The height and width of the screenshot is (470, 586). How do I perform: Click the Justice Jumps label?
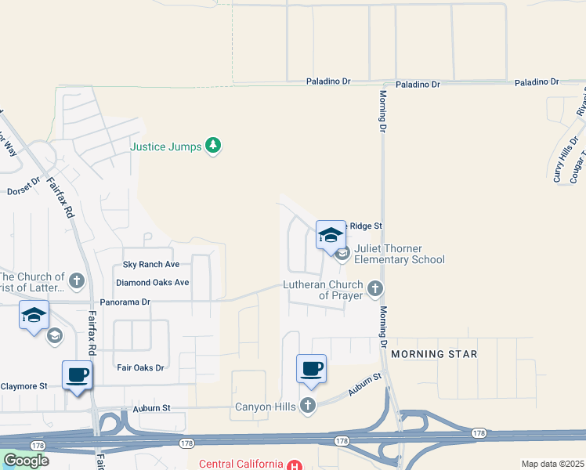(166, 146)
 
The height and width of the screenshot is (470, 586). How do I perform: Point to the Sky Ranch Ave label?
(151, 265)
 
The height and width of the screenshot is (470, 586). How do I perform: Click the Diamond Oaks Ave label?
(152, 282)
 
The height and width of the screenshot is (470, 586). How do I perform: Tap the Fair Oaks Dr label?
(140, 367)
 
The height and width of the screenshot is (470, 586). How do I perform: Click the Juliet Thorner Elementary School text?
(400, 255)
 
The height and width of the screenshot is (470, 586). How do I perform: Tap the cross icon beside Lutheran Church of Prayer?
(375, 289)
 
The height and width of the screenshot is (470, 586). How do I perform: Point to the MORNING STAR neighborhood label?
(434, 354)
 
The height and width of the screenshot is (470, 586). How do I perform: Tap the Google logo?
(26, 461)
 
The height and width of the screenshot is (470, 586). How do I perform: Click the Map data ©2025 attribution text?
(552, 464)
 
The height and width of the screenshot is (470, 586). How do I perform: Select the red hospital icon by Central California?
(294, 465)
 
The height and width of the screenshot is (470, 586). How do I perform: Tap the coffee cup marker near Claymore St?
(77, 375)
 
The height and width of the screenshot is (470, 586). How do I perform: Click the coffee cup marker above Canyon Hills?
(311, 368)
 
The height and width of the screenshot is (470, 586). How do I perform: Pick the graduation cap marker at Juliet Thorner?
(331, 234)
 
